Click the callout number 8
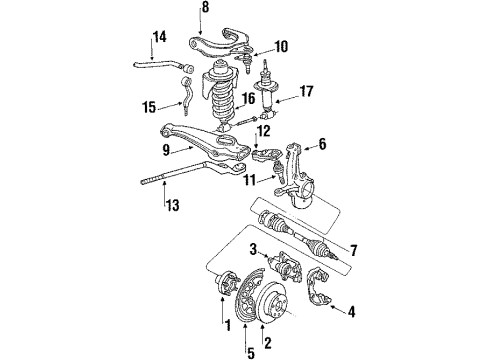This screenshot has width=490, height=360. click(x=205, y=7)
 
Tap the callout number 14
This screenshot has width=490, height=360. click(x=160, y=37)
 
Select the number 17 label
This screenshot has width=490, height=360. click(x=307, y=91)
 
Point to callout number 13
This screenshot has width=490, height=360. click(x=173, y=205)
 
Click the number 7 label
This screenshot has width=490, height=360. click(x=353, y=250)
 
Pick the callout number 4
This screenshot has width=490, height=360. click(x=351, y=312)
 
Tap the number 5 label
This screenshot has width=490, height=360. click(x=250, y=352)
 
